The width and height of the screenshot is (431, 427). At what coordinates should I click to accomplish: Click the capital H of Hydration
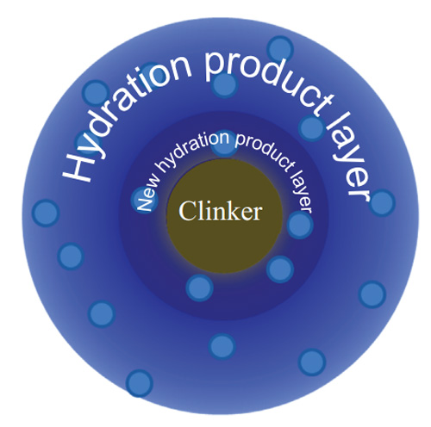click(x=78, y=166)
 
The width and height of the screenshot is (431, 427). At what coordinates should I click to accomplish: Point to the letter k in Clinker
click(x=230, y=210)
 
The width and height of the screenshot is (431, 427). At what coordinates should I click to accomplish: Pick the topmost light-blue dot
click(x=280, y=49)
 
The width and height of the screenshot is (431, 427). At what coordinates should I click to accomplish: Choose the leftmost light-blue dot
click(x=46, y=213)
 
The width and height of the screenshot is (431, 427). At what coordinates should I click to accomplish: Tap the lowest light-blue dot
click(x=140, y=383)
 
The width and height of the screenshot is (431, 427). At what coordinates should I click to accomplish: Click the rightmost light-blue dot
click(x=382, y=203)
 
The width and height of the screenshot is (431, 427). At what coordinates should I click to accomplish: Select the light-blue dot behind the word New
click(x=144, y=200)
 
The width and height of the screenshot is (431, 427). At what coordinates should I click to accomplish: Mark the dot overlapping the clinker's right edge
click(x=300, y=226)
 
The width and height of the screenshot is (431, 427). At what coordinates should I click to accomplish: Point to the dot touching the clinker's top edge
click(x=225, y=144)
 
